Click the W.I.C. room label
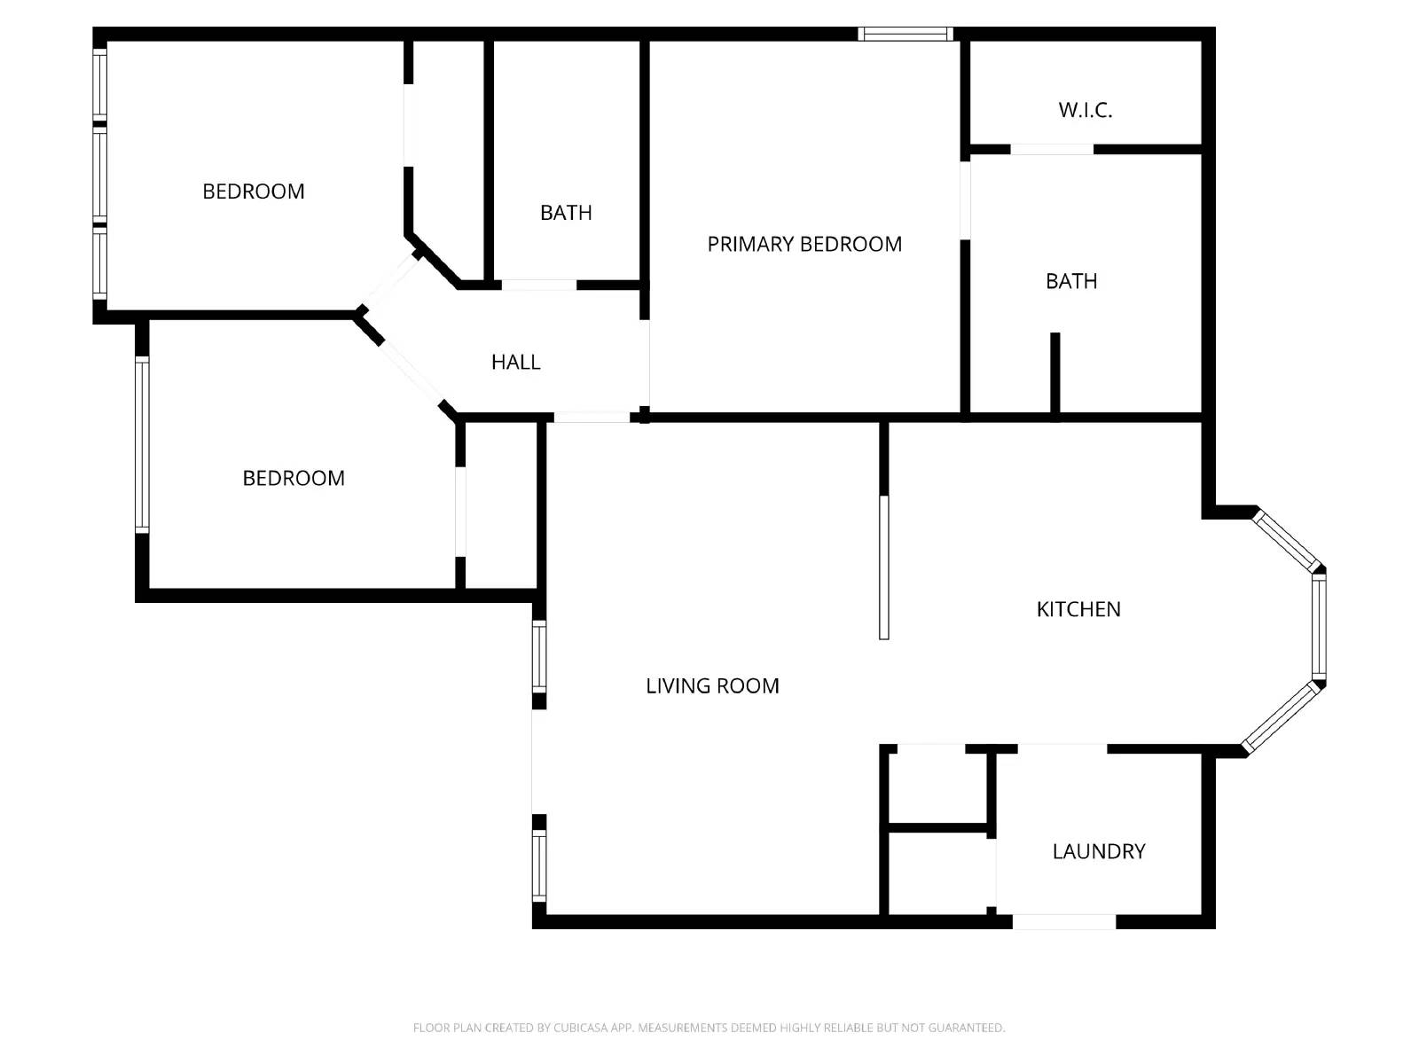click(1085, 111)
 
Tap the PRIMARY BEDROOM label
click(804, 245)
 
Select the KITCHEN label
click(1078, 609)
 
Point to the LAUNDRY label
click(1099, 852)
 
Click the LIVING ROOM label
click(712, 686)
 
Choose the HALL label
click(516, 363)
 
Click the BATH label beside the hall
click(566, 213)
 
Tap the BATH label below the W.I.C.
click(1071, 282)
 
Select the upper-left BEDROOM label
click(254, 192)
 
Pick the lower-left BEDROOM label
click(294, 479)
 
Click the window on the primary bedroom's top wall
click(905, 35)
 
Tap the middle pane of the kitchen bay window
click(1319, 627)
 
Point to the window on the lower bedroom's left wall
click(142, 443)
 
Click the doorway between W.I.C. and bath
click(1052, 150)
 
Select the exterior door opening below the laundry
click(1063, 922)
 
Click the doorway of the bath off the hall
click(539, 286)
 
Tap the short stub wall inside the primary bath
click(1055, 372)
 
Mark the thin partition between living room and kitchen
click(883, 567)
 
